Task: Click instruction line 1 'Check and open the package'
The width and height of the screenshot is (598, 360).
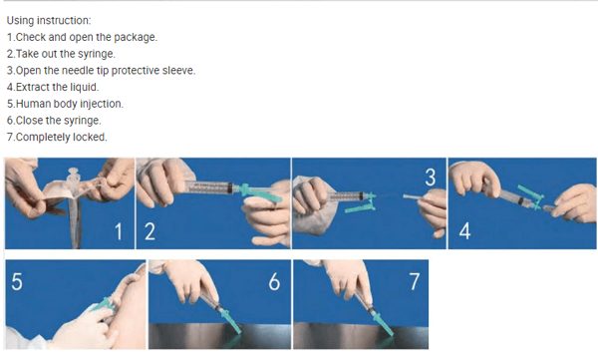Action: pos(82,37)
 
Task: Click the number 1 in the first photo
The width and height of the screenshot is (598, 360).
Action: pos(118,232)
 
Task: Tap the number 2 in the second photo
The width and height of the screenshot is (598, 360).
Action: pos(150,232)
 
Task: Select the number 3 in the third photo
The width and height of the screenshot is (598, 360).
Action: pos(430,178)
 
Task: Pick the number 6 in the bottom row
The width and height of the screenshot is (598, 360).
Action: pos(273,281)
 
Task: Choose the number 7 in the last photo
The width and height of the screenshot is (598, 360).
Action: pos(417,281)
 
